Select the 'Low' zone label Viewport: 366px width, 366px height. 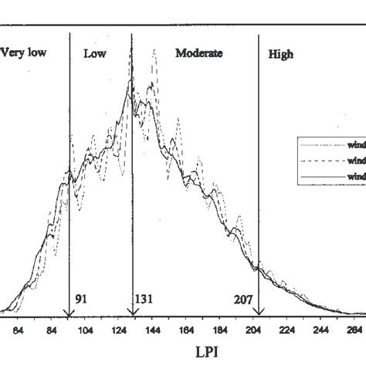94,54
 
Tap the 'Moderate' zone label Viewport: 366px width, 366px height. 198,53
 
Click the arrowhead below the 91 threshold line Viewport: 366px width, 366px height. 69,311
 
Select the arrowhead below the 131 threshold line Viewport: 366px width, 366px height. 132,311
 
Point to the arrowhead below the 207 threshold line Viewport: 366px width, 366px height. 258,311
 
